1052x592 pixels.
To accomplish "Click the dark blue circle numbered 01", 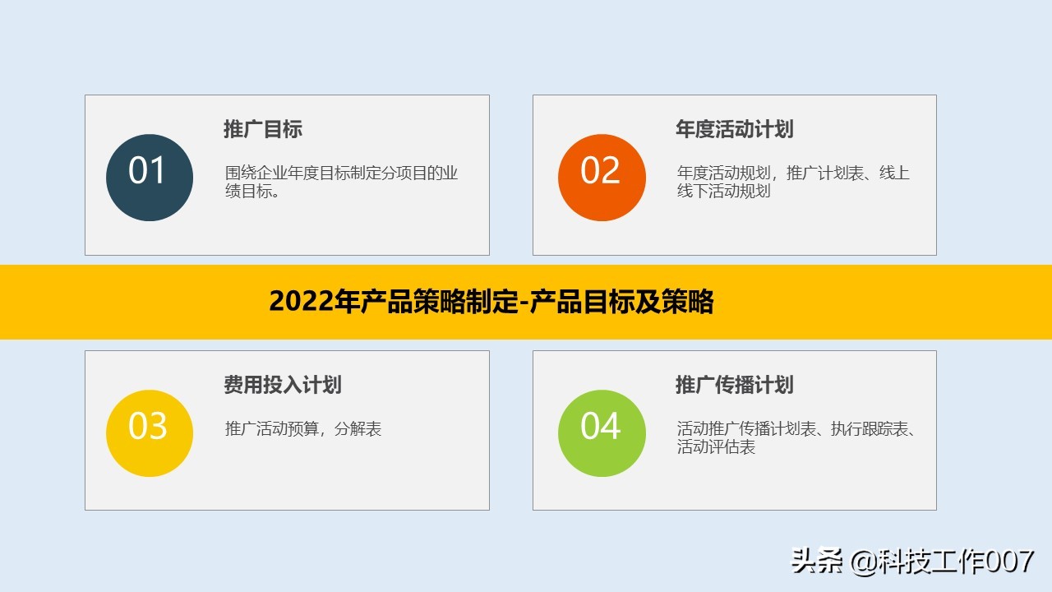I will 150,178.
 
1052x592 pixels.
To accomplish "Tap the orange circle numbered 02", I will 602,178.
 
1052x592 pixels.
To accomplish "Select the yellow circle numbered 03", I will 150,433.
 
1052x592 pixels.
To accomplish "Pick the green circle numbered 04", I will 602,433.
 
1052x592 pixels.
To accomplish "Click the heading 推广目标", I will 263,129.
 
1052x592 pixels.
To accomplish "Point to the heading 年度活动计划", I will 734,129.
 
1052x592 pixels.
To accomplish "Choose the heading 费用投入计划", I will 282,385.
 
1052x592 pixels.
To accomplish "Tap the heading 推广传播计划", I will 734,385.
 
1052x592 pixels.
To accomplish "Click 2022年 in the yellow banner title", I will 314,303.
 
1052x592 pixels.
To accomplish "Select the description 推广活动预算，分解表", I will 303,428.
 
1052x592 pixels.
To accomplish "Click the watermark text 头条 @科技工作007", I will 912,562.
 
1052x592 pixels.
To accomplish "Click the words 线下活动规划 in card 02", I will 724,192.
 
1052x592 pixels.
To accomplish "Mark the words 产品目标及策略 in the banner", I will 622,303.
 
